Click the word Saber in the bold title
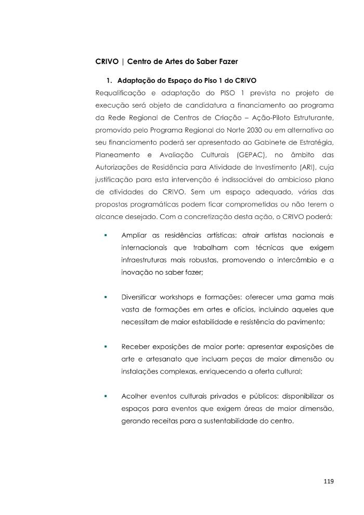coord(199,61)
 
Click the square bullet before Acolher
coord(106,396)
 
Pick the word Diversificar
coord(140,297)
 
